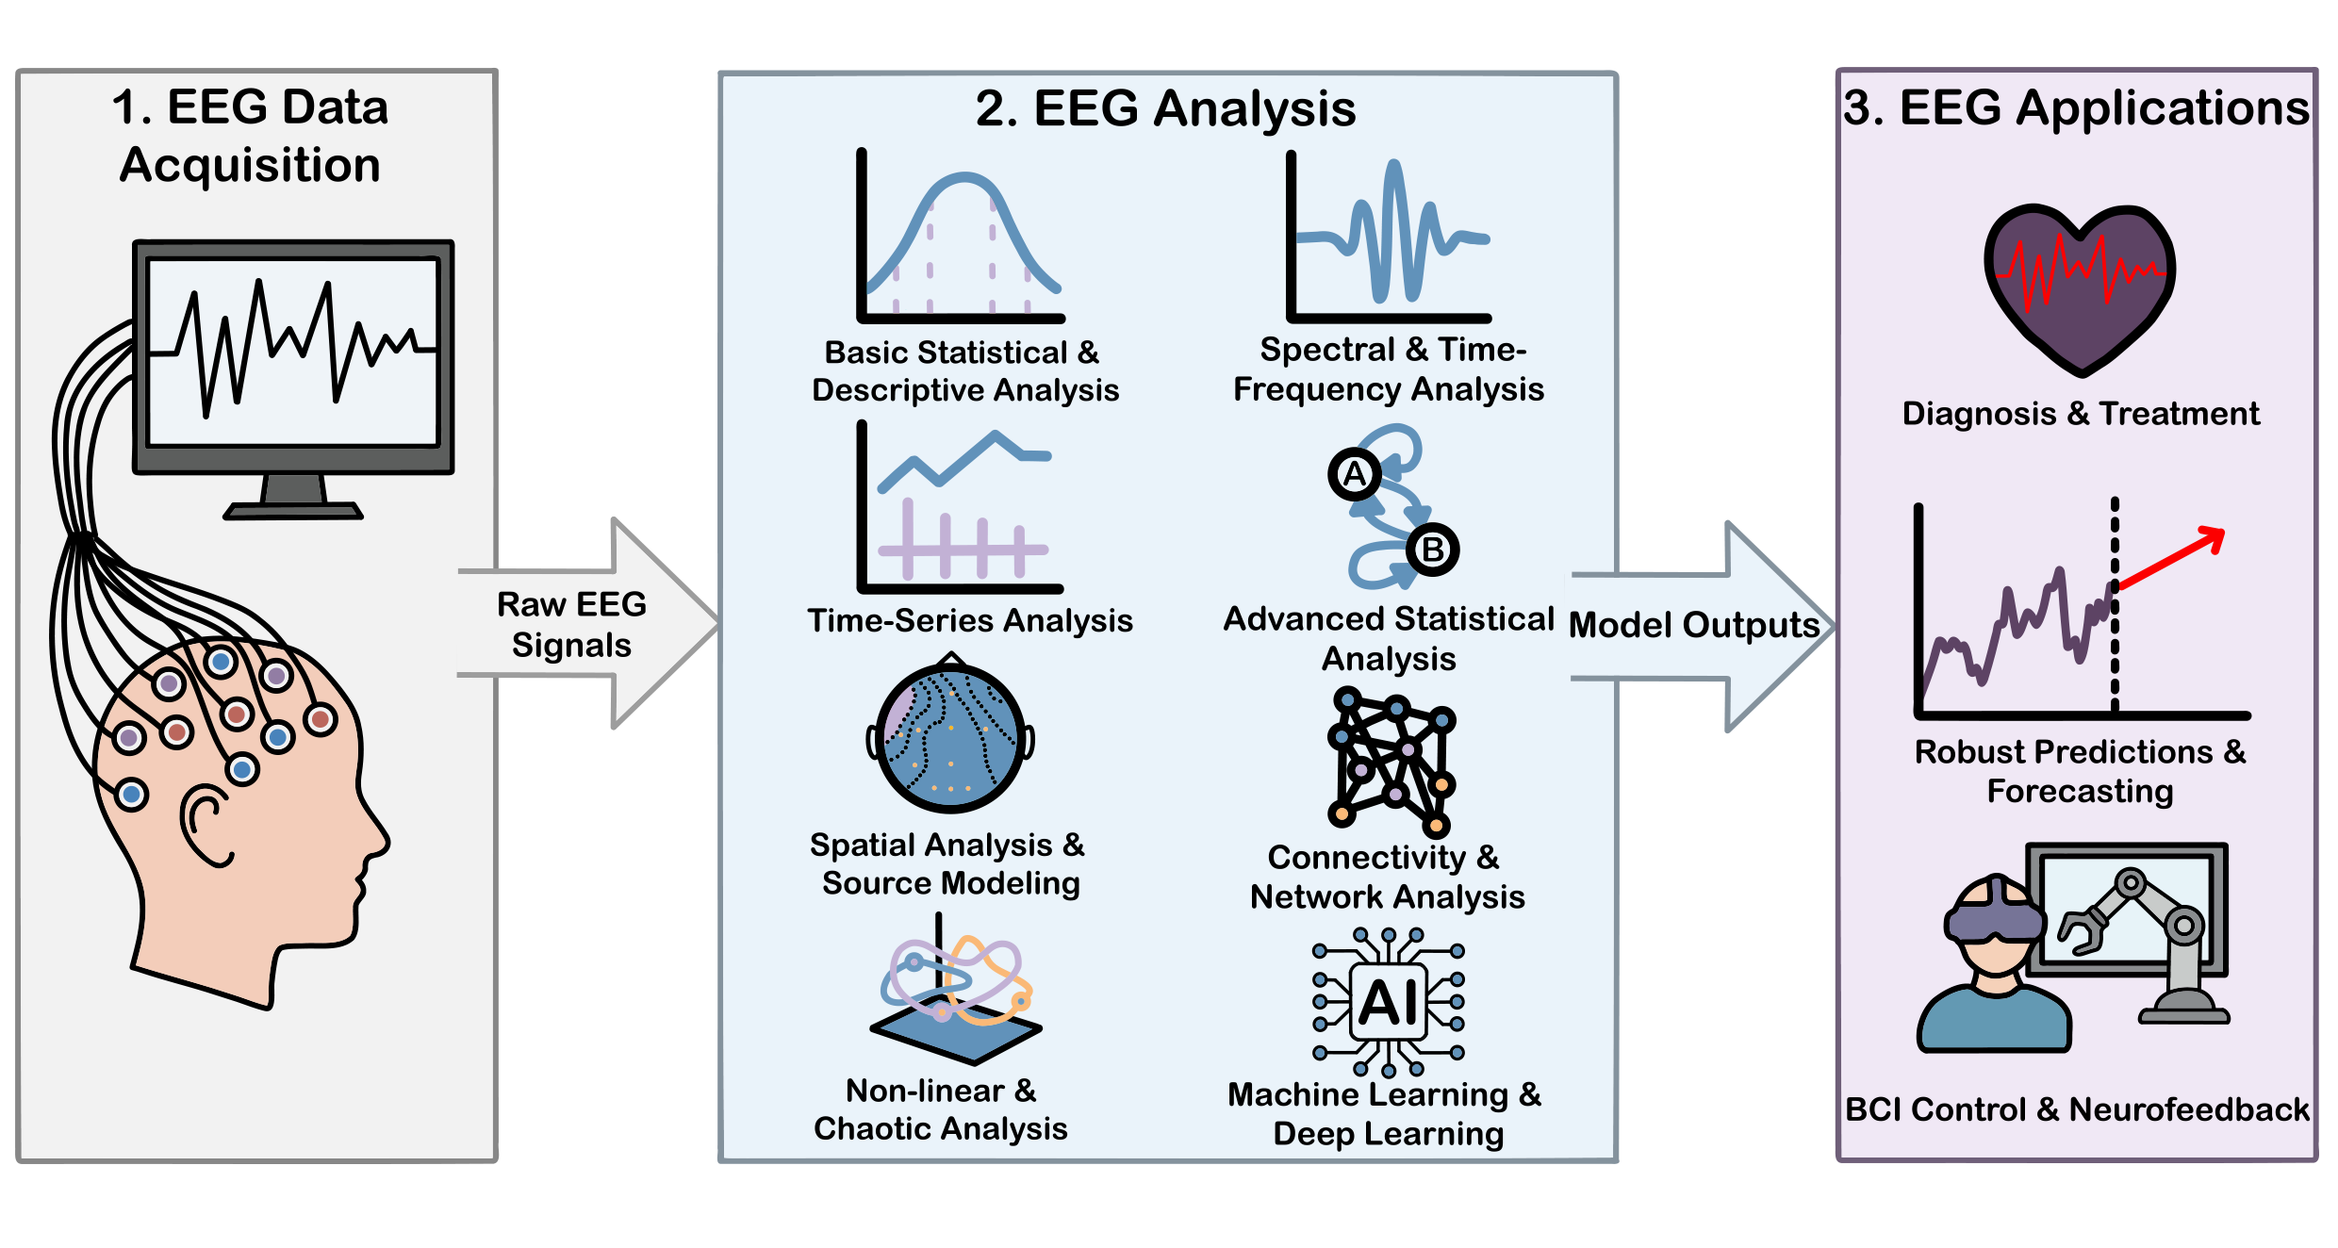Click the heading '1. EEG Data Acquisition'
[x=250, y=136]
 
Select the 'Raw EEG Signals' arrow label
[x=571, y=624]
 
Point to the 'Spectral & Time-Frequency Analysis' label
[x=1389, y=369]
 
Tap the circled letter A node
[x=1355, y=474]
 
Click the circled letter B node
[x=1432, y=549]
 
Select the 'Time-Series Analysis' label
[x=970, y=620]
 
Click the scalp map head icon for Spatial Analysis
[x=950, y=735]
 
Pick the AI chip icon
[x=1389, y=1002]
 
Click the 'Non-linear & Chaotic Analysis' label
[x=941, y=1109]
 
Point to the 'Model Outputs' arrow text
[x=1694, y=625]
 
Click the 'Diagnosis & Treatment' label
[x=2081, y=414]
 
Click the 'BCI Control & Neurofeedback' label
[x=2077, y=1109]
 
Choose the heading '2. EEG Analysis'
[x=1165, y=108]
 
